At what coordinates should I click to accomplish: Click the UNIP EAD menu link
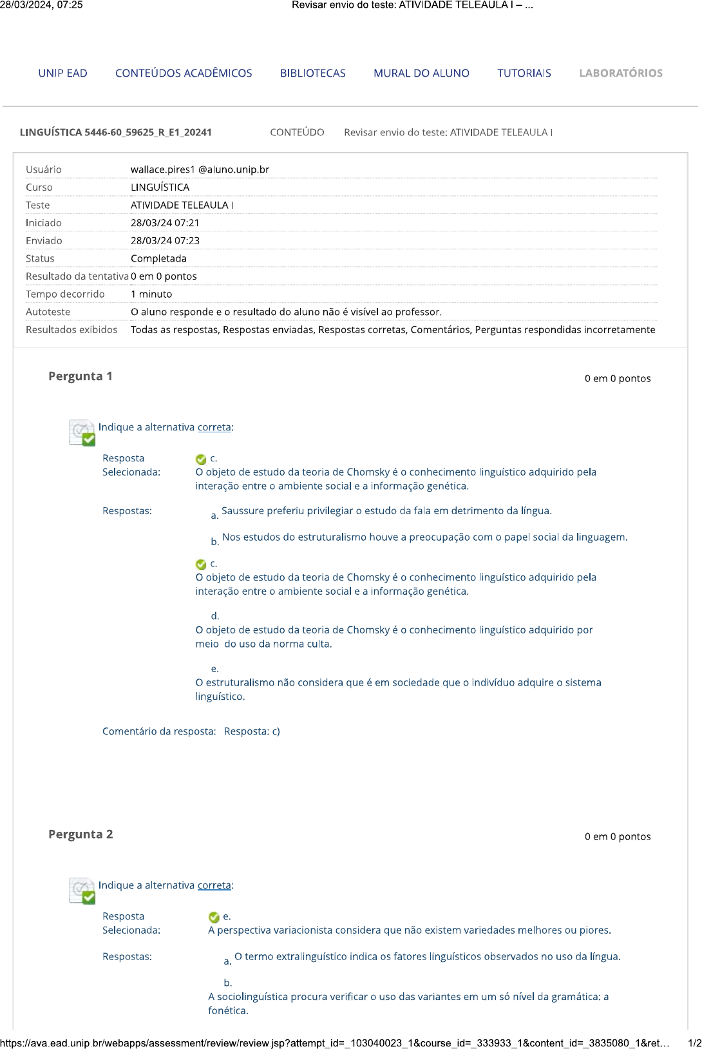click(x=62, y=73)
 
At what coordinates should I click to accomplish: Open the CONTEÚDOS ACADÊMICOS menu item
click(x=184, y=73)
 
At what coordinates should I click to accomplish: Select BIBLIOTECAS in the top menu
click(x=312, y=73)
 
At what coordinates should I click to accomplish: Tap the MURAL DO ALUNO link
click(x=421, y=73)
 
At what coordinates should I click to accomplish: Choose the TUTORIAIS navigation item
click(x=524, y=73)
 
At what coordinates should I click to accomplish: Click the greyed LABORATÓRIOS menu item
click(x=620, y=73)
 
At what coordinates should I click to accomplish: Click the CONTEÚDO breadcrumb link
click(x=297, y=132)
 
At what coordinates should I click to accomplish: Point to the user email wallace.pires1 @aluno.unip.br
click(x=200, y=169)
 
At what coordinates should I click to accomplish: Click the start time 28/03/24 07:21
click(x=165, y=223)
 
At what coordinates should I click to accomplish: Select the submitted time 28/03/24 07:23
click(x=165, y=240)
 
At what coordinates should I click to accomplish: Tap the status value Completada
click(x=158, y=258)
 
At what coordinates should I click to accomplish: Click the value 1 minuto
click(x=151, y=294)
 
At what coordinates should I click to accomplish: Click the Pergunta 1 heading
click(x=81, y=376)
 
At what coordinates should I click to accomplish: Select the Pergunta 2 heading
click(x=81, y=834)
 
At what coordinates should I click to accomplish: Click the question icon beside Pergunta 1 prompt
click(x=82, y=432)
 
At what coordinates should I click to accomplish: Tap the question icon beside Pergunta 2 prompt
click(x=82, y=890)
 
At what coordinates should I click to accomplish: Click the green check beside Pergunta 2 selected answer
click(x=214, y=917)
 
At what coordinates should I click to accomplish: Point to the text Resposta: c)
click(x=252, y=731)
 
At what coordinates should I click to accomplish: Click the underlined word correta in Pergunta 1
click(x=214, y=427)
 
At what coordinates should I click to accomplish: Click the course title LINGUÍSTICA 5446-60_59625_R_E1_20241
click(x=116, y=132)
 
